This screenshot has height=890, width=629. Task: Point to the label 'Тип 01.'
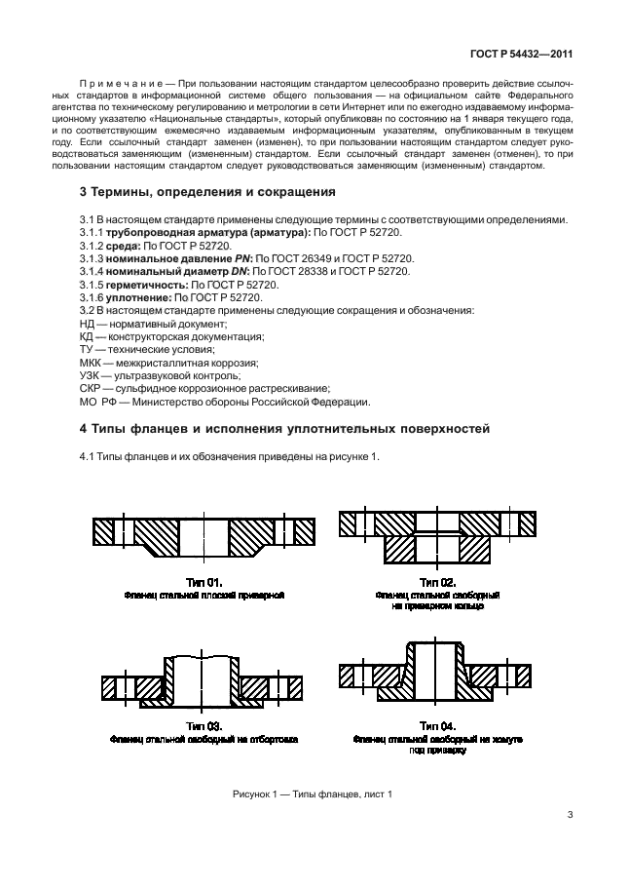[203, 581]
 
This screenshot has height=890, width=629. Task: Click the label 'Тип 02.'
[437, 581]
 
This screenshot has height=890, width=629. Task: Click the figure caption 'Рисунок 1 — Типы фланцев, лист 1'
[313, 794]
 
